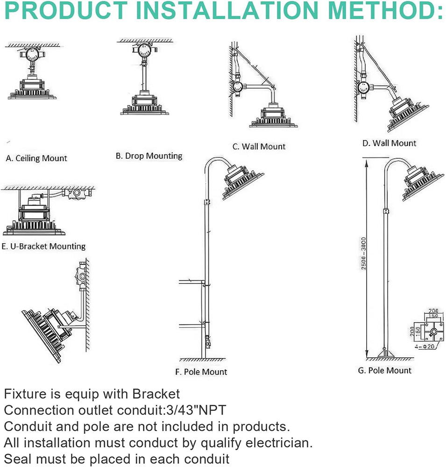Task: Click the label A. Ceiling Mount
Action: (36, 158)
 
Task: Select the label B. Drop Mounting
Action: (149, 156)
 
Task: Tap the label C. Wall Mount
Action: (259, 147)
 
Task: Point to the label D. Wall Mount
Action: (389, 143)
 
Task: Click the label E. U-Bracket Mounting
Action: (43, 246)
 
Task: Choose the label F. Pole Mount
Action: (201, 372)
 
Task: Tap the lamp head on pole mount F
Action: (242, 182)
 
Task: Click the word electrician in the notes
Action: (275, 442)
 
